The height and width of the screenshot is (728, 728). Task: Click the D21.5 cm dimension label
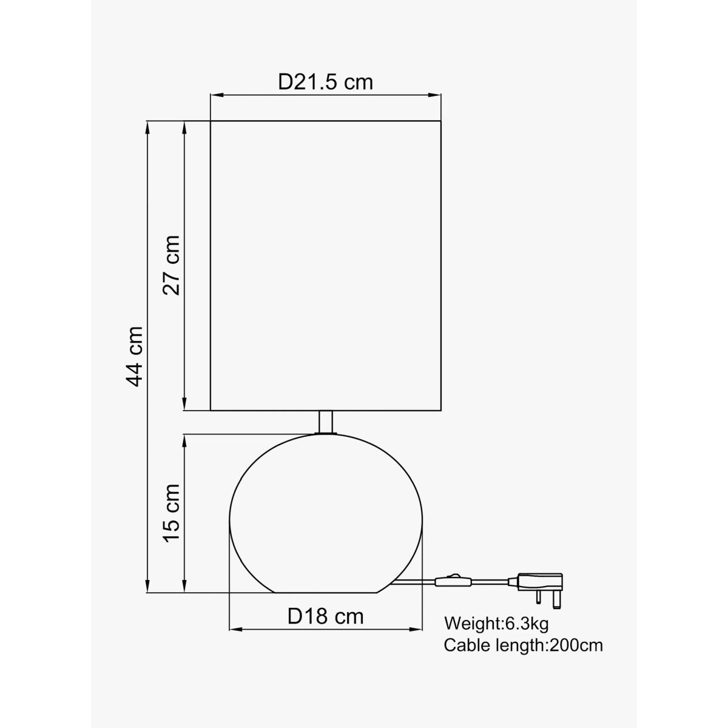click(x=325, y=83)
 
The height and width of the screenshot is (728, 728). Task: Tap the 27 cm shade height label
click(x=171, y=265)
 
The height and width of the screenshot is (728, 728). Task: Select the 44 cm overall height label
click(x=134, y=357)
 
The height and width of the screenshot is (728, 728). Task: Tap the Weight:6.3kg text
click(x=496, y=624)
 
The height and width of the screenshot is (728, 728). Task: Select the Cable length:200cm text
click(x=523, y=645)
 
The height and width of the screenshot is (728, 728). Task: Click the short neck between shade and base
click(x=326, y=422)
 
